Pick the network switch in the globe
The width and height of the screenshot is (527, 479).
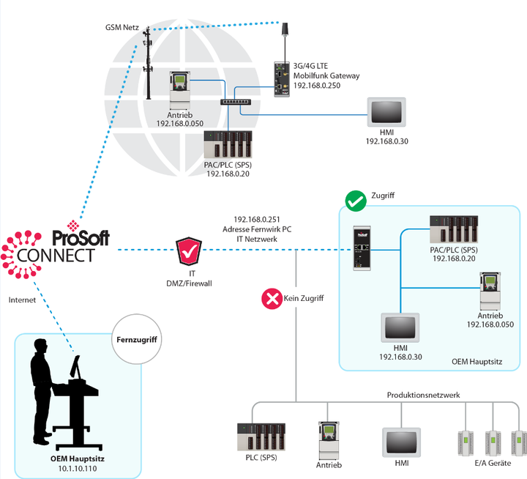point(236,101)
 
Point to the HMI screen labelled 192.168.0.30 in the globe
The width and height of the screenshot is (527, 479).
point(386,111)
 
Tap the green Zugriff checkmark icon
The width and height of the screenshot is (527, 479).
point(356,200)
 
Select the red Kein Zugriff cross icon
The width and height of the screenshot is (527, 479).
point(272,298)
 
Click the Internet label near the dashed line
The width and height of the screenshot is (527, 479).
point(23,300)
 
